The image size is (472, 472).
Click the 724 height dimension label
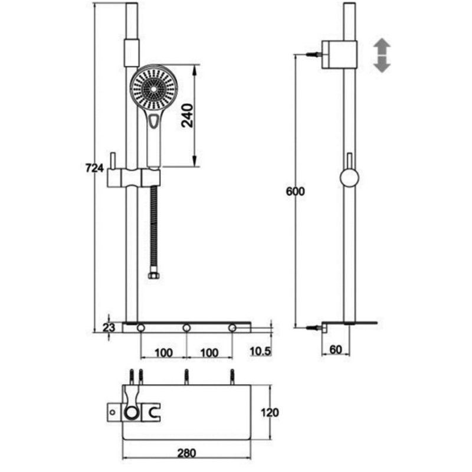[x=94, y=168]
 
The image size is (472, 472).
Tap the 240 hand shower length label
[x=187, y=116]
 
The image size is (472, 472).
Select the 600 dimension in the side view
[x=296, y=191]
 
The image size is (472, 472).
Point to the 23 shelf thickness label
[x=109, y=327]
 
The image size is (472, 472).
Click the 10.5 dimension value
[x=261, y=351]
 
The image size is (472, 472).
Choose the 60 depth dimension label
[x=336, y=349]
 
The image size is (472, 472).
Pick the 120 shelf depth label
[x=270, y=412]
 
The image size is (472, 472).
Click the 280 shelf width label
[x=186, y=453]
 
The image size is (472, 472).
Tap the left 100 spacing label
[x=163, y=353]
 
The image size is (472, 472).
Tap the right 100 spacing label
[x=209, y=353]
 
